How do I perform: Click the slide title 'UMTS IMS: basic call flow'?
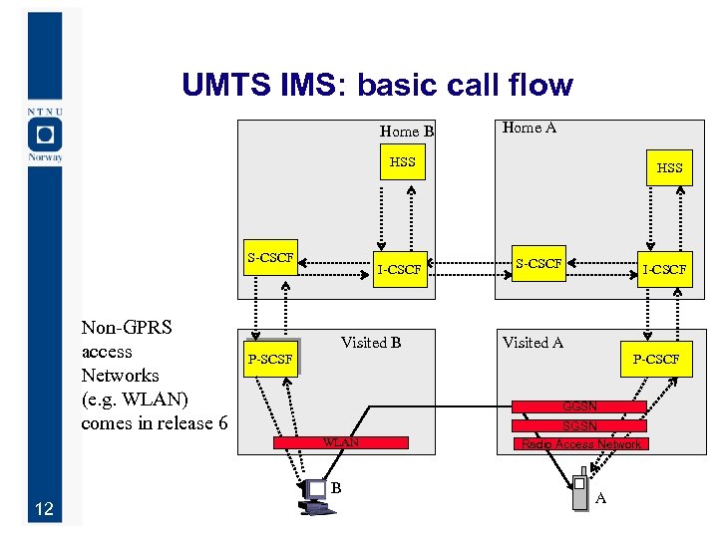coord(377,86)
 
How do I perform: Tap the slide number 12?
coord(43,510)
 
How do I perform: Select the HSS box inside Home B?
coord(403,162)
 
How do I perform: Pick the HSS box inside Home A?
coord(669,168)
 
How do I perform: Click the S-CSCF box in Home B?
coord(270,259)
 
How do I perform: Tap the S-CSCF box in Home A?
coord(538,264)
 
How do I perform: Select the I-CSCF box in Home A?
coord(665,269)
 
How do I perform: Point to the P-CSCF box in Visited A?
coord(655,359)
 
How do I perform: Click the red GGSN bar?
coord(579,406)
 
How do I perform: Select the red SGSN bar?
coord(579,425)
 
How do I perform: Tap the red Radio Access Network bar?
coord(579,444)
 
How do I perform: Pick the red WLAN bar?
coord(341,441)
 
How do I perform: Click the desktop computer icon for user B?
coord(316,496)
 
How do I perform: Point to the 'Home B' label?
coord(406,132)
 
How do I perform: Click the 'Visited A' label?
coord(533,343)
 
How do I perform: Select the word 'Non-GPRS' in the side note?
coord(127,328)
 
